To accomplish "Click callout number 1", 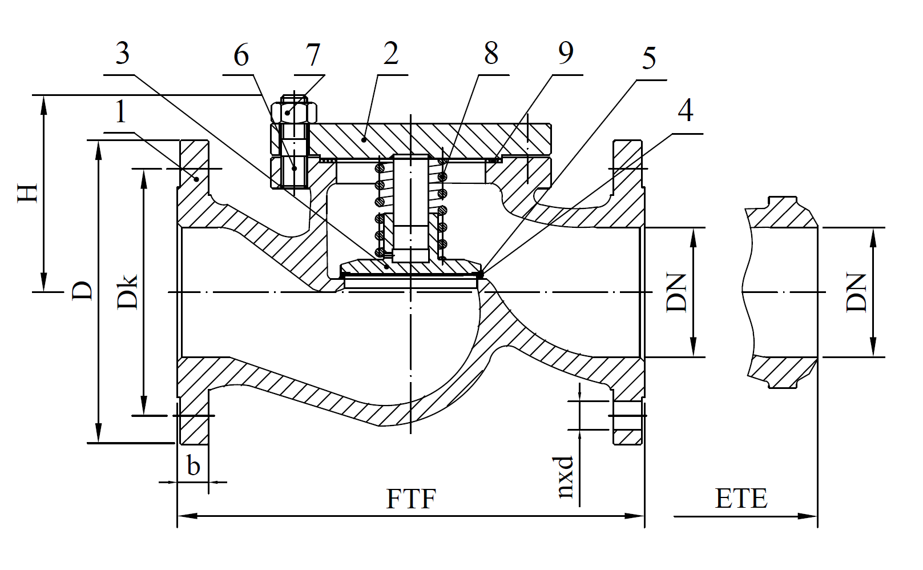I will [x=120, y=112].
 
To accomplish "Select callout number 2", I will [x=390, y=54].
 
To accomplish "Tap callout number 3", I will [x=123, y=54].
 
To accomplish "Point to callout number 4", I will [x=685, y=110].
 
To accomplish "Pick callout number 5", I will [x=649, y=59].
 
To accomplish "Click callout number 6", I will [x=241, y=55].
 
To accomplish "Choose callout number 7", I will [x=312, y=55].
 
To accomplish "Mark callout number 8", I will [x=491, y=54].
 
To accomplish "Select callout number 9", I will [x=565, y=53].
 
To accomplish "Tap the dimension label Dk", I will [x=128, y=292].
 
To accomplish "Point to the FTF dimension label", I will [x=411, y=499].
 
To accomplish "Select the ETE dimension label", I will [x=741, y=499].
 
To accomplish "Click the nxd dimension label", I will [x=565, y=477].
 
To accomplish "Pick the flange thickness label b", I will [x=194, y=467].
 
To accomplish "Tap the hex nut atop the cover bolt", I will [x=294, y=111].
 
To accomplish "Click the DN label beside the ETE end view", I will [x=856, y=292].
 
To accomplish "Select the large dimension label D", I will [x=83, y=291].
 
